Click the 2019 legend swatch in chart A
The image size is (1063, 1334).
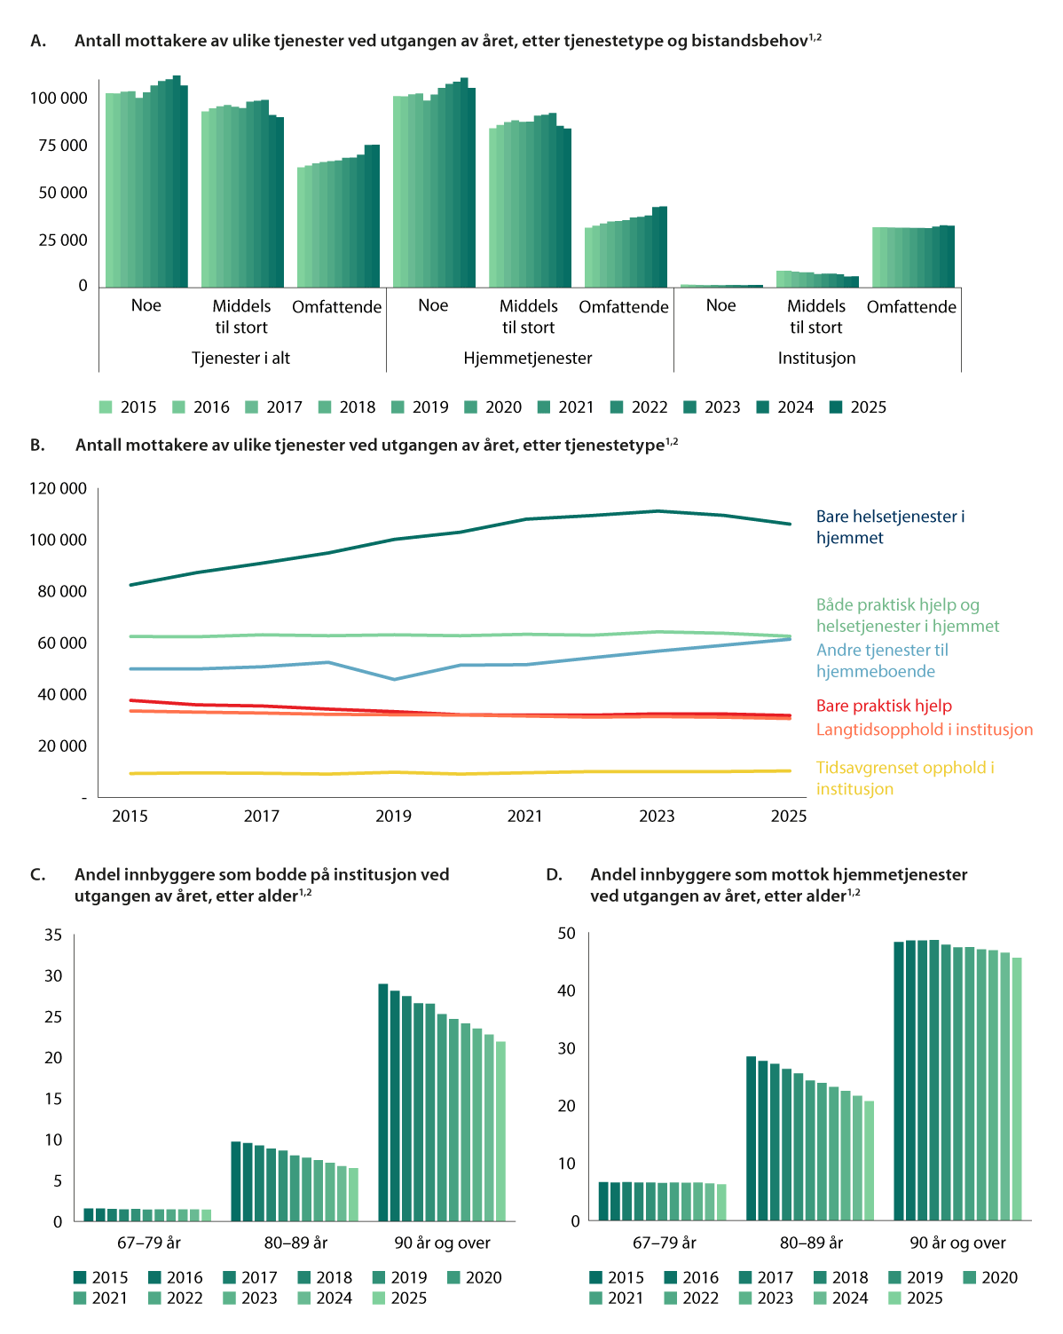click(398, 407)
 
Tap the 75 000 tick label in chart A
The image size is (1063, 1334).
click(63, 146)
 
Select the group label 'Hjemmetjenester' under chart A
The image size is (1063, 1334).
click(527, 358)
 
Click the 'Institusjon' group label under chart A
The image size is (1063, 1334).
click(816, 358)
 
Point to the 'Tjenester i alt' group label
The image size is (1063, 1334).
click(240, 358)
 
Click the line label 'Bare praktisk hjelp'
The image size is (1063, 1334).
click(883, 706)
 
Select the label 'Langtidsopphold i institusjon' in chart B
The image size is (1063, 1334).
click(925, 729)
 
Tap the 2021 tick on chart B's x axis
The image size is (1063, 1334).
click(524, 816)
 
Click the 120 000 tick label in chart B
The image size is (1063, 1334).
click(59, 488)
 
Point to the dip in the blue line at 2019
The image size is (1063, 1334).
click(394, 679)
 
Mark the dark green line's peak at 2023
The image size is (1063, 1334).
click(657, 510)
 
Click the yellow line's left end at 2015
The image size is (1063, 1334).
click(130, 773)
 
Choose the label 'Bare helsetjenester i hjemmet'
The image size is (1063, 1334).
click(890, 527)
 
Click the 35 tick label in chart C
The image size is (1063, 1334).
click(53, 935)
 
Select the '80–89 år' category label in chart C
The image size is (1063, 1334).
click(295, 1243)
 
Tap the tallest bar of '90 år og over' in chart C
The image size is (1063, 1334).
click(383, 1102)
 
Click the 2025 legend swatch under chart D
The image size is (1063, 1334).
click(894, 1298)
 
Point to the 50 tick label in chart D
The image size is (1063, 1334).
click(566, 933)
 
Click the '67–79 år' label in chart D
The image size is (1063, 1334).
click(664, 1243)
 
